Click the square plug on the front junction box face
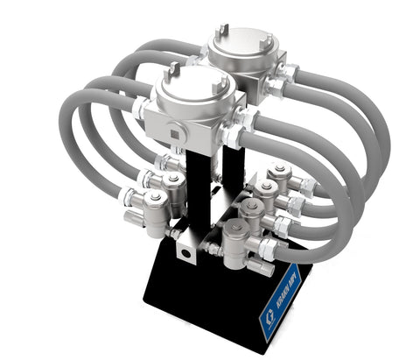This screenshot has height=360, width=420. pos(177,133)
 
